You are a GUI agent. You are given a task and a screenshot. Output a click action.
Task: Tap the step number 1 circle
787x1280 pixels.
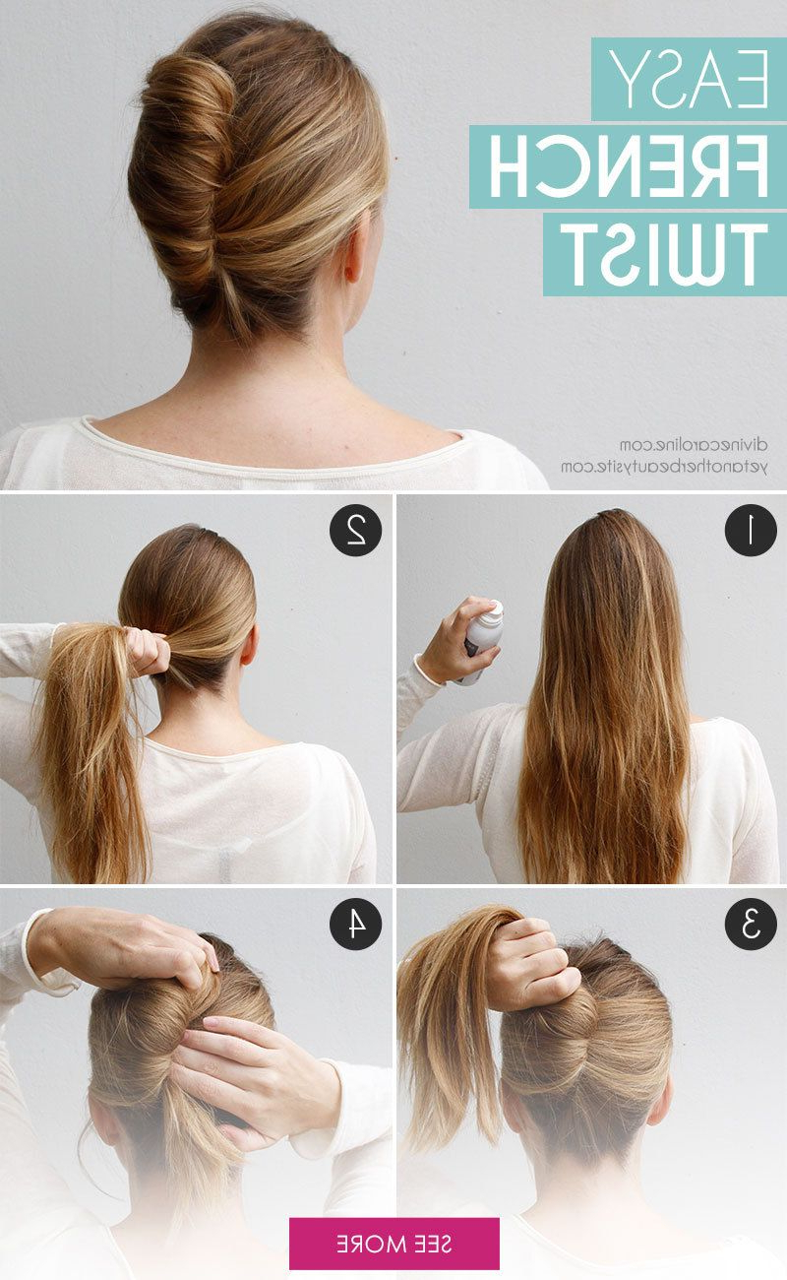pos(751,530)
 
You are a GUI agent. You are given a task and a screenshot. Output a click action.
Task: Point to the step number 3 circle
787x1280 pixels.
pos(751,924)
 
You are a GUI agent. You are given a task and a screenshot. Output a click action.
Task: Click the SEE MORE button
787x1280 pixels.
pos(393,1244)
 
